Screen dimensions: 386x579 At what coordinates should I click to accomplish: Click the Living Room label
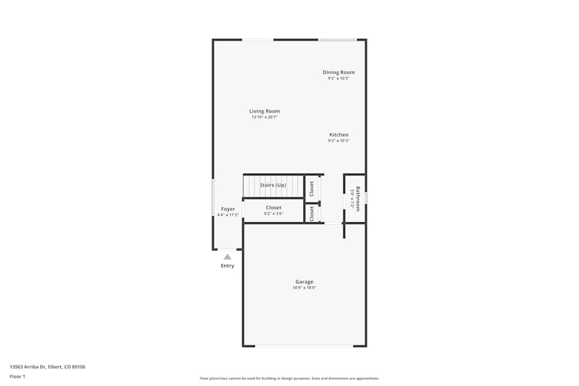265,111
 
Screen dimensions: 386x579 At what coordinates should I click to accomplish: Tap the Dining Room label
339,72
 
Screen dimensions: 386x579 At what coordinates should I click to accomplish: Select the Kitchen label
339,135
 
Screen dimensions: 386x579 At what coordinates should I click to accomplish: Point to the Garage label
304,282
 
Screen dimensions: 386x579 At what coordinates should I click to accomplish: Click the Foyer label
228,209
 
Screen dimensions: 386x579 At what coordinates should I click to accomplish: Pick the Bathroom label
358,198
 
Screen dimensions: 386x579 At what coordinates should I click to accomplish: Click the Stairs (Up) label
273,185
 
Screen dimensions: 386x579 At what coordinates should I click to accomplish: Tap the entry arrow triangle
228,256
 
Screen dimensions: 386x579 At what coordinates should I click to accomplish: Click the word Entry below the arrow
228,266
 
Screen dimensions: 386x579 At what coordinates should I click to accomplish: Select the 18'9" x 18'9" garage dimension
304,288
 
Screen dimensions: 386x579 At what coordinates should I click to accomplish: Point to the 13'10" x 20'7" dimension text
265,117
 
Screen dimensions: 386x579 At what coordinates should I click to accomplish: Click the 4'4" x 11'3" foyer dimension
228,215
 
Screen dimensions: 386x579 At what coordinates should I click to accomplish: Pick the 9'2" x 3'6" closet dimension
273,214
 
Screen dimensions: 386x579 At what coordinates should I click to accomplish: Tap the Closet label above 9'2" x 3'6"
273,207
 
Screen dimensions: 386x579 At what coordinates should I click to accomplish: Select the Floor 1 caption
17,376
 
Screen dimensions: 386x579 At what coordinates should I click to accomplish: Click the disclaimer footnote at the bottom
289,378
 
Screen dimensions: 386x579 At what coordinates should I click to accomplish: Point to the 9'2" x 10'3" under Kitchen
339,141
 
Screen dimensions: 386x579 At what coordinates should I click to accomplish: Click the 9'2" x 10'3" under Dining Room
339,78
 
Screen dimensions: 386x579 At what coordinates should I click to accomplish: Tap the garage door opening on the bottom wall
304,346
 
